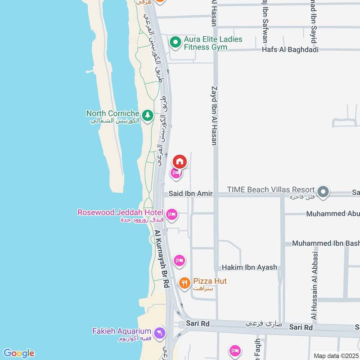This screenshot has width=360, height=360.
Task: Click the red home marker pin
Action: click(x=180, y=161)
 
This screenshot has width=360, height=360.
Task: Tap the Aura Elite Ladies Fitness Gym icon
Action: click(x=175, y=42)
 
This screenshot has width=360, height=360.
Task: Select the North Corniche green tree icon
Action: click(x=147, y=116)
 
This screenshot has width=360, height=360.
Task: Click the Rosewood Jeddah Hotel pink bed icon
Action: click(x=171, y=215)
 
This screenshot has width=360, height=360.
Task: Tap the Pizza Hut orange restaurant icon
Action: click(x=184, y=283)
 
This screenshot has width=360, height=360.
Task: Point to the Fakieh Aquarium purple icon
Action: click(x=159, y=333)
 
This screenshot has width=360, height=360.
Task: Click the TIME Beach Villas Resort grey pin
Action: click(x=323, y=192)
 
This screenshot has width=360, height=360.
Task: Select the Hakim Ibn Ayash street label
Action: click(x=249, y=267)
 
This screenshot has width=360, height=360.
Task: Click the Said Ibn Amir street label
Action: click(x=191, y=193)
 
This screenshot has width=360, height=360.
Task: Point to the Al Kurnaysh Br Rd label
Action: click(x=162, y=259)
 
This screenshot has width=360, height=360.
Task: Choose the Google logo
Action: click(x=18, y=353)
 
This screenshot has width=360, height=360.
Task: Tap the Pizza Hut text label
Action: click(x=210, y=281)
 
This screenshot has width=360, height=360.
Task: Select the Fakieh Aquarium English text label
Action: click(x=121, y=331)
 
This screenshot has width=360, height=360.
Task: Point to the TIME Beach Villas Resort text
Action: click(x=271, y=190)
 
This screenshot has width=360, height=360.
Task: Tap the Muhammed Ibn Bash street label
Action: click(x=325, y=243)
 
